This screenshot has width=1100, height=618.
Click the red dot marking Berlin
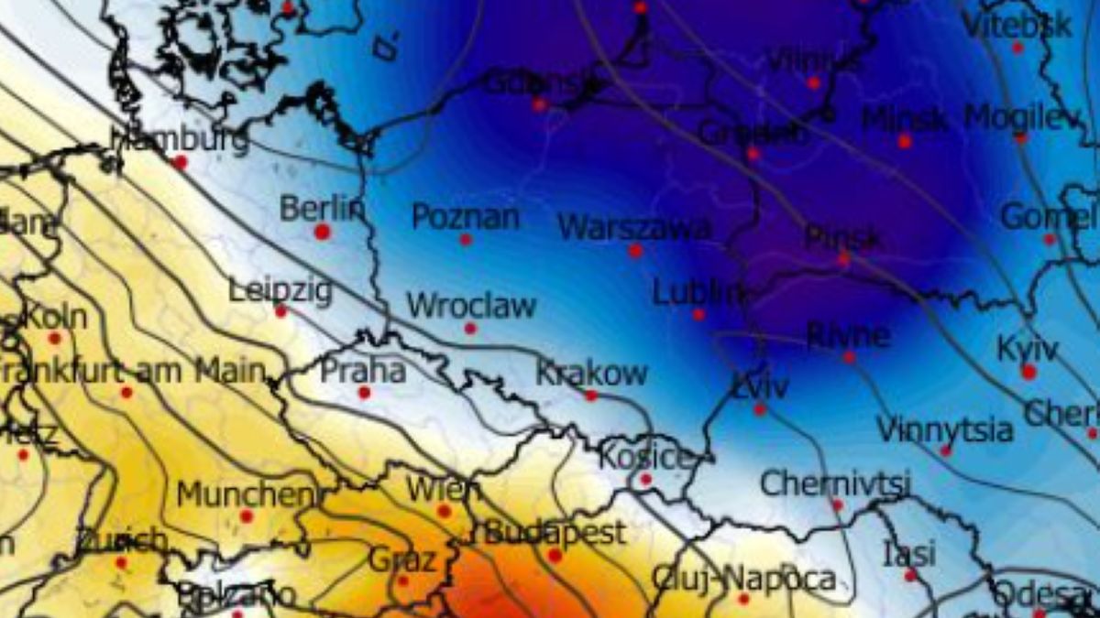(x=322, y=232)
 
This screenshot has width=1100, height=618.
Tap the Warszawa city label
(x=634, y=227)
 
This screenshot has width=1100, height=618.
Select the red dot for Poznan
(x=466, y=240)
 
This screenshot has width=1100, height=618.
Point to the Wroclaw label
(x=471, y=305)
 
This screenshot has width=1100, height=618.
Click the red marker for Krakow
(x=591, y=396)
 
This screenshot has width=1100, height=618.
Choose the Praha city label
(x=363, y=371)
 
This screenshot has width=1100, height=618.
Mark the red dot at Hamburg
(x=181, y=162)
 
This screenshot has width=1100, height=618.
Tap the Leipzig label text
(x=280, y=291)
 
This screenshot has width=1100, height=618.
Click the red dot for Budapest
(x=555, y=556)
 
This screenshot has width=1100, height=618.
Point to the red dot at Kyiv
(x=1028, y=372)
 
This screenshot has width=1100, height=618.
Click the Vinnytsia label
(x=945, y=428)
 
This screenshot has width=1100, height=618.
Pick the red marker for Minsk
(x=905, y=141)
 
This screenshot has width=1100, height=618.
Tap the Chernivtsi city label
(x=836, y=482)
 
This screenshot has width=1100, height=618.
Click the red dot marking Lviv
(x=760, y=409)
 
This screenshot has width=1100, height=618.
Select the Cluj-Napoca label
(x=744, y=578)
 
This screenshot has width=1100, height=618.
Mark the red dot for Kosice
(x=645, y=479)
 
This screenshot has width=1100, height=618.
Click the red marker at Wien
(x=445, y=511)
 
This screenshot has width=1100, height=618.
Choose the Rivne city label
(x=848, y=335)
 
